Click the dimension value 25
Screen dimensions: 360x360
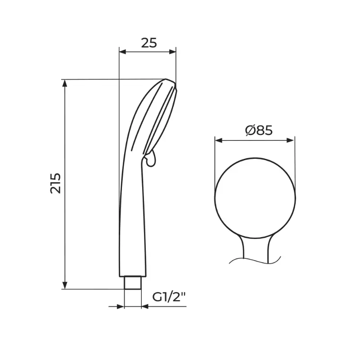point(149,43)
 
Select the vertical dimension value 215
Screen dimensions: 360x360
point(56,183)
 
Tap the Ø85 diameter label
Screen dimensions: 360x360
point(259,130)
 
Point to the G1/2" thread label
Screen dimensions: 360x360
point(169,297)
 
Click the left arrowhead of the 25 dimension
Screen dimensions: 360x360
point(123,52)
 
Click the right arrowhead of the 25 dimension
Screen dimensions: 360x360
point(172,52)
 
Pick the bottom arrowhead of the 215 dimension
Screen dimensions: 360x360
point(65,285)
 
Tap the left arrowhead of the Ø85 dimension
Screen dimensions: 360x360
point(219,140)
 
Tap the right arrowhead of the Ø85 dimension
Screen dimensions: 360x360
point(291,140)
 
